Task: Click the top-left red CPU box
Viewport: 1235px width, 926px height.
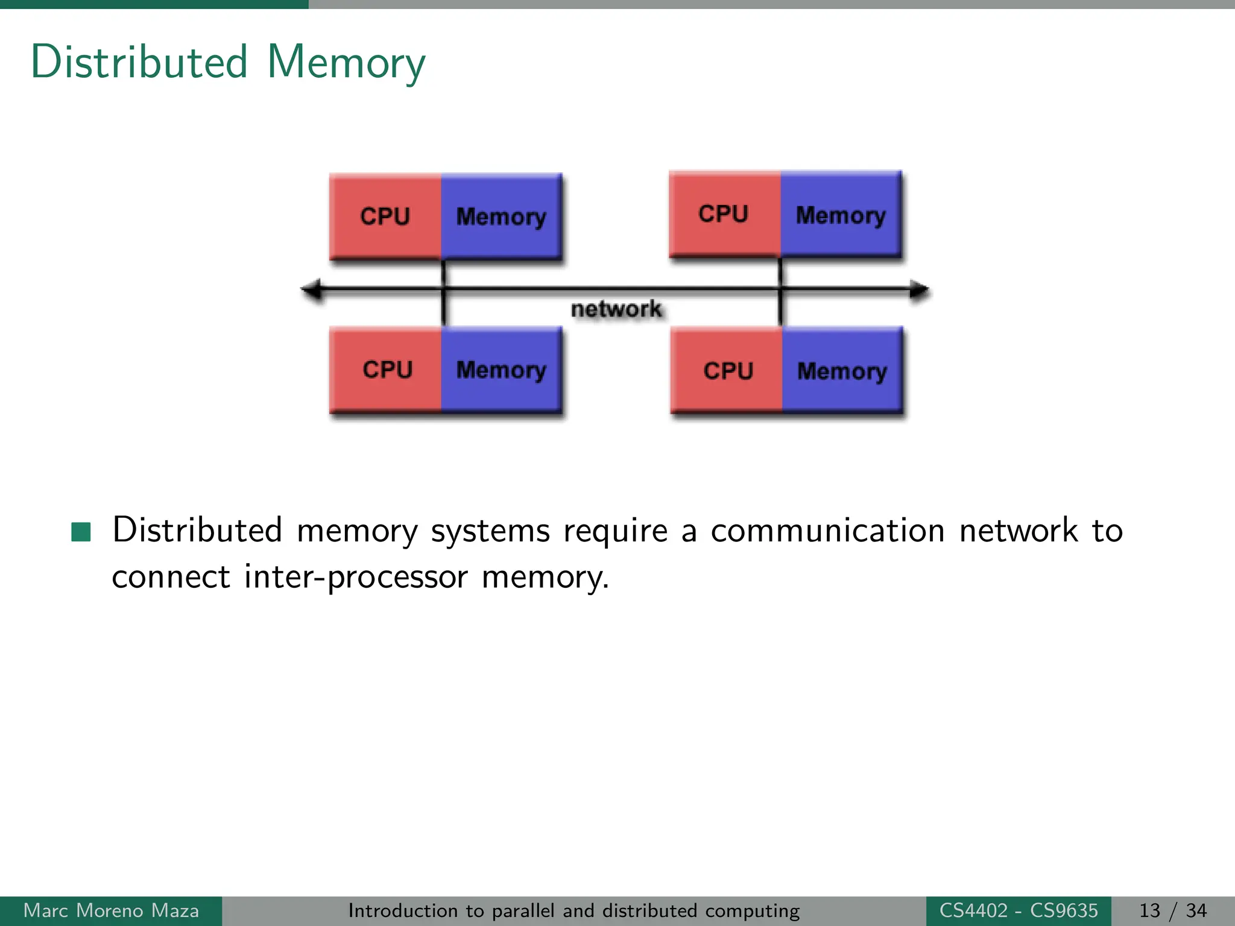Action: click(x=385, y=216)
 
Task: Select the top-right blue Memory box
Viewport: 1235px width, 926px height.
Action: click(x=841, y=215)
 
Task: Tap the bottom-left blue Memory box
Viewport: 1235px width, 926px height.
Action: click(x=501, y=370)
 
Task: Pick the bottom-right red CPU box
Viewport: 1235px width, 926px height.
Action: click(x=727, y=371)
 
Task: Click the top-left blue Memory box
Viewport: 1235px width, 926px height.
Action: click(x=501, y=216)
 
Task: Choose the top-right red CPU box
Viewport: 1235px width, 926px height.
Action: click(x=724, y=214)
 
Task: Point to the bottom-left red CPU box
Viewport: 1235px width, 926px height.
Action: click(x=387, y=370)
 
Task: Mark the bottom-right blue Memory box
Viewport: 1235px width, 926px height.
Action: click(x=842, y=371)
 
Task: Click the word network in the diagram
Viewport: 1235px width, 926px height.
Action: click(x=616, y=309)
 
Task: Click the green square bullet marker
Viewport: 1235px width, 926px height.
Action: click(x=81, y=532)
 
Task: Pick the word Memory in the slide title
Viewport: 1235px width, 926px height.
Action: click(x=346, y=63)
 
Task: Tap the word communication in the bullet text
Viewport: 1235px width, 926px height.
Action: click(x=827, y=531)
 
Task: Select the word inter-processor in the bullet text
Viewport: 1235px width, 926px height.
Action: click(x=356, y=577)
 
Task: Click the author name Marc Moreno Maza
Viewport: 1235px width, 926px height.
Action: click(x=111, y=910)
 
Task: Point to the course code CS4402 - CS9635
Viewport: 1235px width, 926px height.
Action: click(x=1019, y=910)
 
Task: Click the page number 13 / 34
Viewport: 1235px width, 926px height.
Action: click(x=1172, y=910)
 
